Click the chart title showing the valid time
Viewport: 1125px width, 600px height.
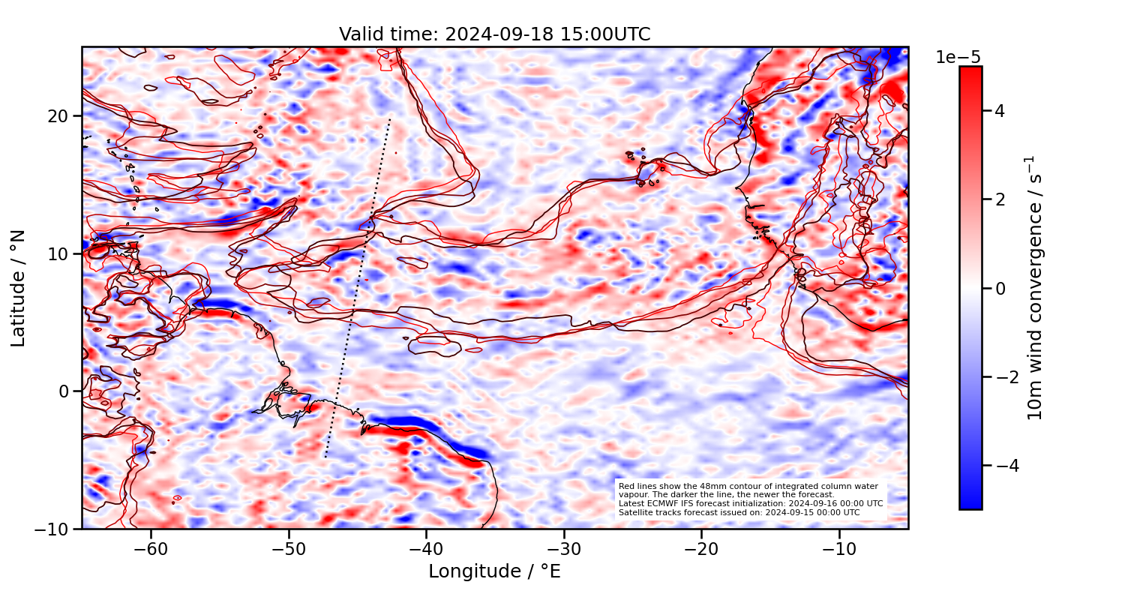494,34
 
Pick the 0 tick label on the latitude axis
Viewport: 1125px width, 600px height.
64,391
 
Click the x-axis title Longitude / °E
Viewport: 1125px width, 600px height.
494,571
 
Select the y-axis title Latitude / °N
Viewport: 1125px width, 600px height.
19,288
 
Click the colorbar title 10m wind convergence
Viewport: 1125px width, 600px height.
1036,288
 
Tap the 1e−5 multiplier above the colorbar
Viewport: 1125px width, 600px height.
958,58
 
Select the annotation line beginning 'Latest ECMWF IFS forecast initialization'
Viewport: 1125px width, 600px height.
750,503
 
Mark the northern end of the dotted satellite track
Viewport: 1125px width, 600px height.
390,118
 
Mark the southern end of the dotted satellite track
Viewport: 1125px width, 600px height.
325,456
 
